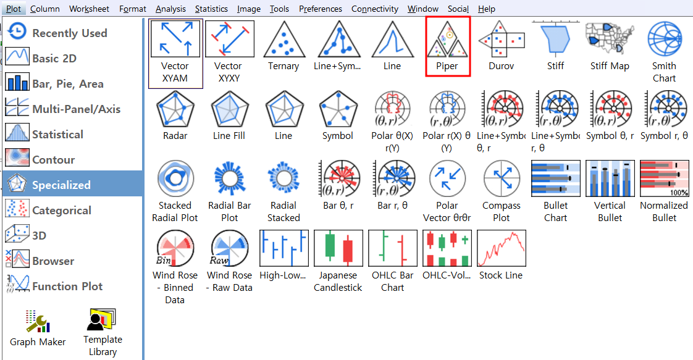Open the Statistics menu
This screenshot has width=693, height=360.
tap(211, 9)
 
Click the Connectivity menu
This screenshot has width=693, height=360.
tap(374, 9)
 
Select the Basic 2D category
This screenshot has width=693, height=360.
tap(54, 59)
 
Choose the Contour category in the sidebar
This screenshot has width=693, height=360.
tap(53, 160)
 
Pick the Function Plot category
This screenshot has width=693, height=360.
tap(67, 287)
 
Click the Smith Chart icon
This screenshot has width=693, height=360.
tap(664, 40)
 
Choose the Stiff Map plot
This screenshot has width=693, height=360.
tap(610, 40)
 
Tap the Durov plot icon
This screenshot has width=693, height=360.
tap(501, 40)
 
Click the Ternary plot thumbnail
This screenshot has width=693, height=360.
tap(283, 40)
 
